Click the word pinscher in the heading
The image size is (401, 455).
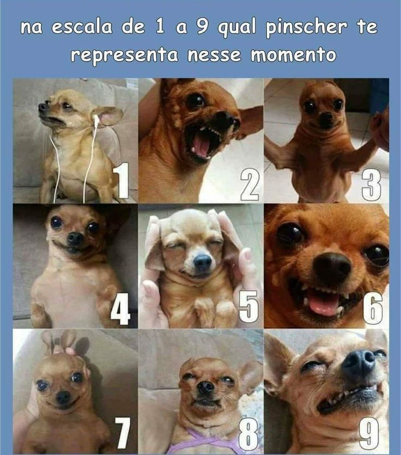(306, 28)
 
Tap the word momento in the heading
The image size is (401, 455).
(294, 54)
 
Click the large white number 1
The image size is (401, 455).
(121, 180)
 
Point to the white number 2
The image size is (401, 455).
(250, 185)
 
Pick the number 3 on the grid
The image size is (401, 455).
(372, 185)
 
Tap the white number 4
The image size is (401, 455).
(120, 308)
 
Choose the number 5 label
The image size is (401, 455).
(248, 307)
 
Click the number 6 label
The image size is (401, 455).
(373, 308)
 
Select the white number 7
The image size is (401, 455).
(123, 433)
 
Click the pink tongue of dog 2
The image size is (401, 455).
(200, 145)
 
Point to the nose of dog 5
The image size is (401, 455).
(202, 262)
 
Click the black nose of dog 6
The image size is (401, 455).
(332, 266)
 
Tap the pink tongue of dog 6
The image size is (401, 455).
(323, 304)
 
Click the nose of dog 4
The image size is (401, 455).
(75, 239)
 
